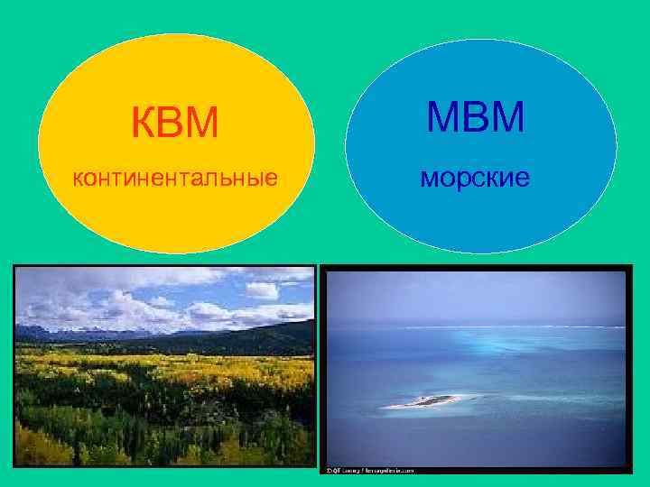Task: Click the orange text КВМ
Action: pos(175,123)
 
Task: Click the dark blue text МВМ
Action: pos(475,117)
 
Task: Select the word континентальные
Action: pos(175,178)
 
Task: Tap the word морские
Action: pos(475,178)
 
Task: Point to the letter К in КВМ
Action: pos(144,123)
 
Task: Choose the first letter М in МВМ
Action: pos(442,117)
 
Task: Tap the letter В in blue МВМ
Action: pos(475,117)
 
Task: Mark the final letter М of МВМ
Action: pos(507,117)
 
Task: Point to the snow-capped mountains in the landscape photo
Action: pos(54,331)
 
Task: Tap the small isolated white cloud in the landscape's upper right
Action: pos(262,290)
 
